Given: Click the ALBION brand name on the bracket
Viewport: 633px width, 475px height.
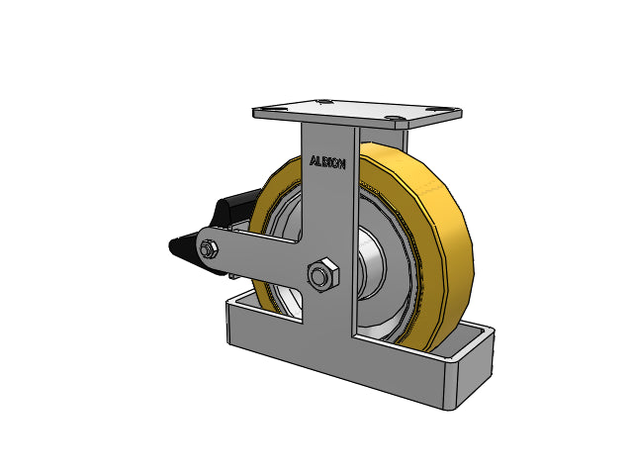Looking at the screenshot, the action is pyautogui.click(x=327, y=162).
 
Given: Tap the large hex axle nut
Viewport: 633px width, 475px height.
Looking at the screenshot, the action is pyautogui.click(x=323, y=275).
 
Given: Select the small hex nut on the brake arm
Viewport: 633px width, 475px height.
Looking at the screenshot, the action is pyautogui.click(x=209, y=248).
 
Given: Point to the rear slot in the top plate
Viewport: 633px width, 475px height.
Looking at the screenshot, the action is pyautogui.click(x=323, y=101).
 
